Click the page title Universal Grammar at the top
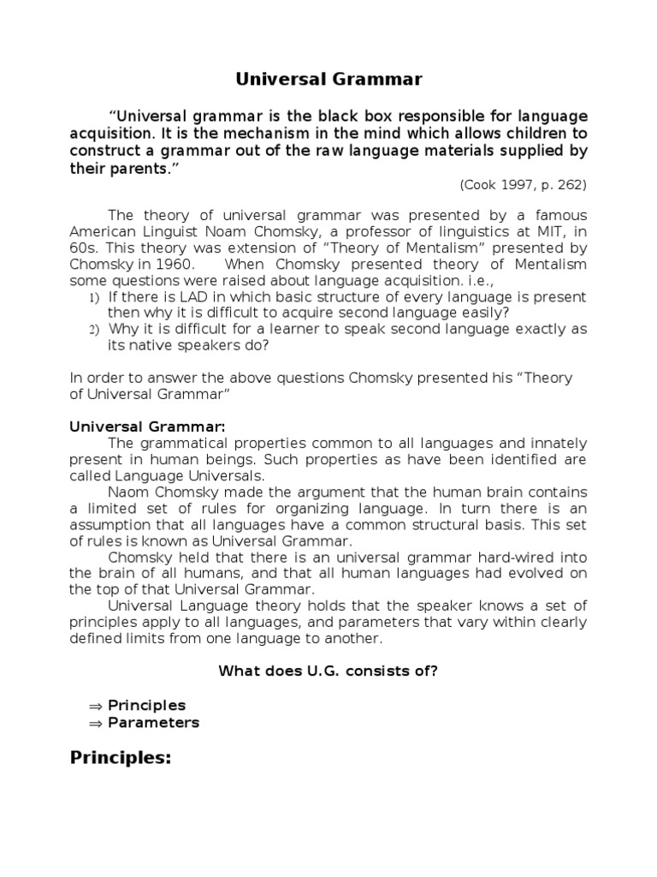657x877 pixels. click(328, 80)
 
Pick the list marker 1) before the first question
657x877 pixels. click(95, 297)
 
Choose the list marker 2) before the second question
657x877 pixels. click(95, 330)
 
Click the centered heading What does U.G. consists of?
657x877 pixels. click(328, 671)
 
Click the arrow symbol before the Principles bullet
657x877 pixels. click(95, 706)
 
